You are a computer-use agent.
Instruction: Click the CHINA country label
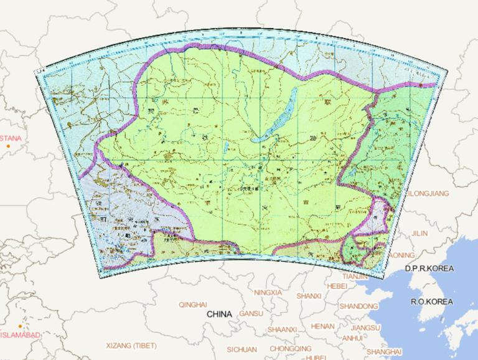[220, 314]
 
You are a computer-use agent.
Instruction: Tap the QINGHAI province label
[192, 305]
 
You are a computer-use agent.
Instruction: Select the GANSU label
[251, 313]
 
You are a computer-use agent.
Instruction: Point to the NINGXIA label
[268, 292]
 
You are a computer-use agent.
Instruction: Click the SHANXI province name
[309, 296]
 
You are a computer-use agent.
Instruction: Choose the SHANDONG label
[358, 306]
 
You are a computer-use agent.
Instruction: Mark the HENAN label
[323, 326]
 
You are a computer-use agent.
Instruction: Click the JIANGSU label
[365, 328]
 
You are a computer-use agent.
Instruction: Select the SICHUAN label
[241, 349]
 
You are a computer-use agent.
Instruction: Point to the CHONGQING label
[291, 349]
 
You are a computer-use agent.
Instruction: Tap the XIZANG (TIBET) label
[131, 345]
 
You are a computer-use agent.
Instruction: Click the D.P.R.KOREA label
[429, 268]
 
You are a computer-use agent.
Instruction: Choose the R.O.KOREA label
[431, 301]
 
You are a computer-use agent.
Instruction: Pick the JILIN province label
[420, 233]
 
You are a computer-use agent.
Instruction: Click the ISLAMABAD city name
[20, 335]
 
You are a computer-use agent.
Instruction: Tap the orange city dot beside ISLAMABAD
[20, 326]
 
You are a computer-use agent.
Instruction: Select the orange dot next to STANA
[8, 146]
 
